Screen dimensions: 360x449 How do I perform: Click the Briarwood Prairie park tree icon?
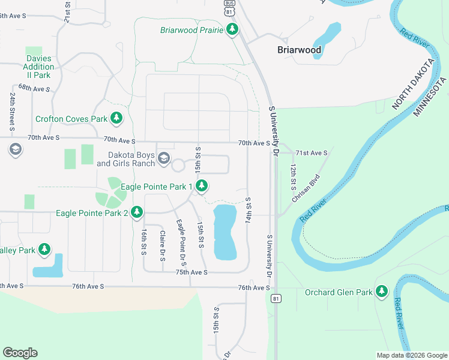(232, 29)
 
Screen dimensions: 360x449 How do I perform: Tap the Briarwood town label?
(299, 50)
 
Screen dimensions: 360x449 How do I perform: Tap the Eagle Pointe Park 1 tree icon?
(202, 187)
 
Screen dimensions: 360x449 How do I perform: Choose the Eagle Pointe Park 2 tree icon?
(137, 212)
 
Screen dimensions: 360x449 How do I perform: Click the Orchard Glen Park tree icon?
(382, 292)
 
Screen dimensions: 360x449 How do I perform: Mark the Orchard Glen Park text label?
(339, 293)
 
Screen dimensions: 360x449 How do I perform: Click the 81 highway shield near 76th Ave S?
(276, 298)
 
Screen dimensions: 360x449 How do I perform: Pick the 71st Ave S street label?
(312, 153)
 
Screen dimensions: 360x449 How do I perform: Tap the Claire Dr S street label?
(162, 245)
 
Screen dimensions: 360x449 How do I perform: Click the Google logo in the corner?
(20, 353)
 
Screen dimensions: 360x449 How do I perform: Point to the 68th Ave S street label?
(34, 88)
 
